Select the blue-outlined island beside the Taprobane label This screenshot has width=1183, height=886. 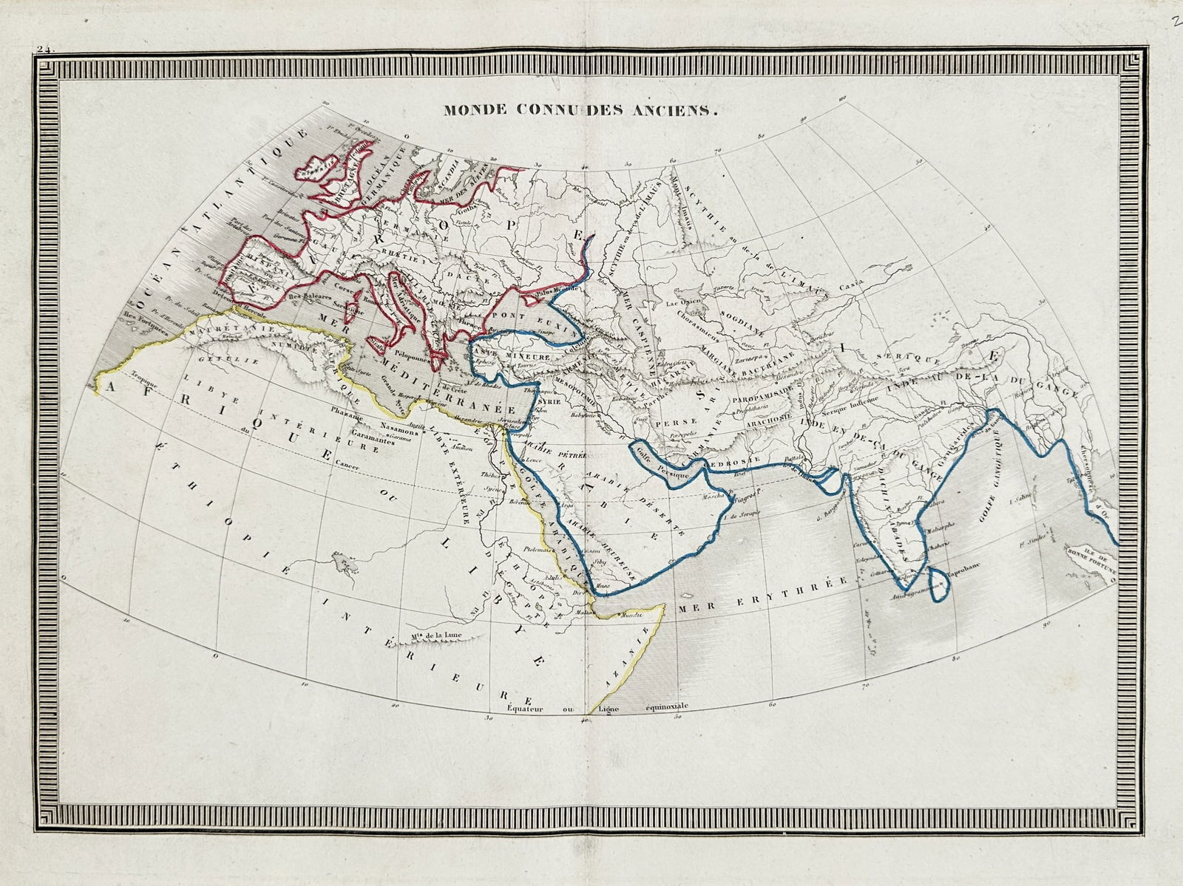(940, 579)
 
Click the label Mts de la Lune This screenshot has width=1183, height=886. (431, 635)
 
